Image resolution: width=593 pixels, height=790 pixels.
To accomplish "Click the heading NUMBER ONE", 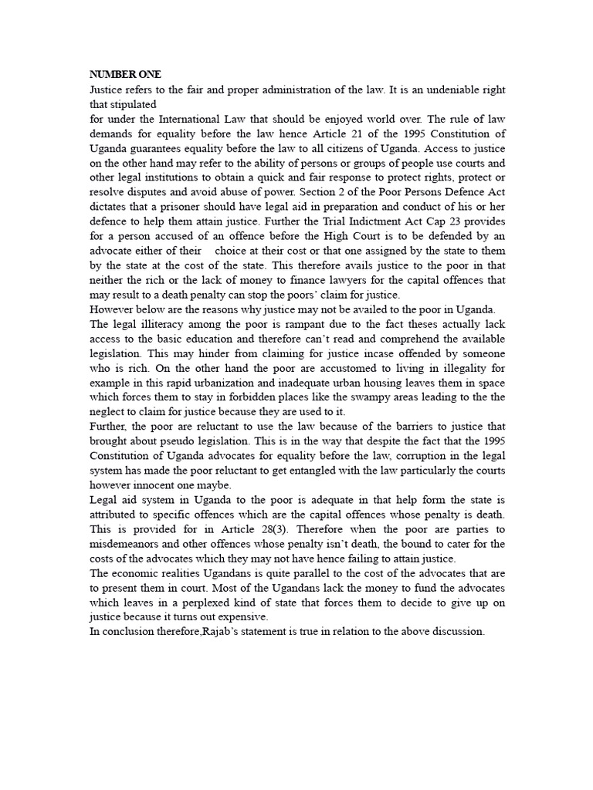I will coord(126,75).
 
